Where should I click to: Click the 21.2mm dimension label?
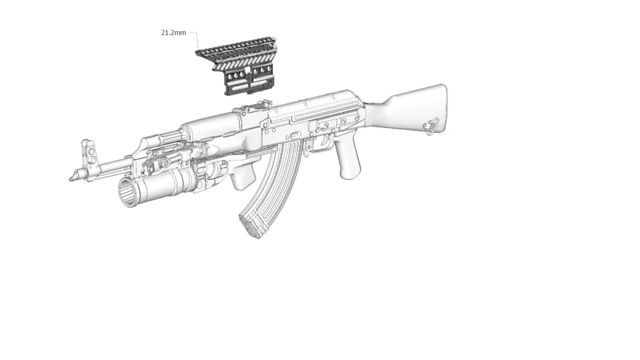coord(173,32)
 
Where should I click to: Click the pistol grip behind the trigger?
coord(348,160)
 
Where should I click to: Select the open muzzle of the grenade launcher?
coord(127,191)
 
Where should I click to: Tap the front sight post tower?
coord(89,152)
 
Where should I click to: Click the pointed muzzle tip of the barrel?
coord(71,177)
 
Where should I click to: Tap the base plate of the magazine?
coord(250,225)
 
